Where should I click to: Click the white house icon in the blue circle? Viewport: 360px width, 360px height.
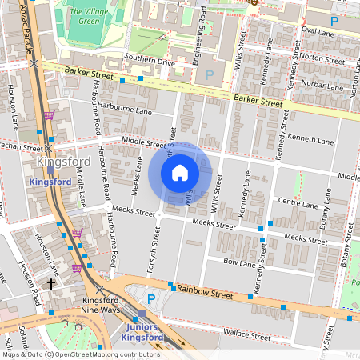tap(180, 172)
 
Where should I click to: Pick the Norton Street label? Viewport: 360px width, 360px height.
tap(322, 58)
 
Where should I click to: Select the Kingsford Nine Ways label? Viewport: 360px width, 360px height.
tap(100, 306)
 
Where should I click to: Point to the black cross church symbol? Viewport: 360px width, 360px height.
tap(51, 284)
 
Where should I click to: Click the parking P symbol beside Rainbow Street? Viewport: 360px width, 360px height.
tap(150, 298)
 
